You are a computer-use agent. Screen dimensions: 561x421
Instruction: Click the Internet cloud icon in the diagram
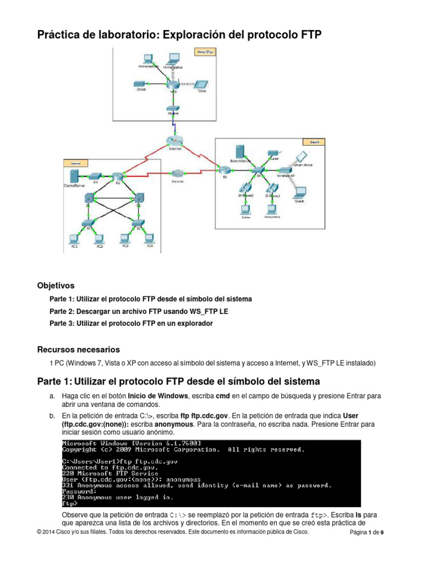pos(174,140)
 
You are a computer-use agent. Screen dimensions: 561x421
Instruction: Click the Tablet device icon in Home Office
pos(202,84)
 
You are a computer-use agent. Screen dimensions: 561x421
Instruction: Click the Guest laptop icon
pos(300,192)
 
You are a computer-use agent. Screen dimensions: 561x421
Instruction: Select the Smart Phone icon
pos(300,156)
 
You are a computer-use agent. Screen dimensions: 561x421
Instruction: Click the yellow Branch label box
pos(315,142)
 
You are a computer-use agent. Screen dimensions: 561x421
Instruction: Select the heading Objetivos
pos(55,285)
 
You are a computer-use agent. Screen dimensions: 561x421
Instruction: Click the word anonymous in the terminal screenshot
pos(169,478)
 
